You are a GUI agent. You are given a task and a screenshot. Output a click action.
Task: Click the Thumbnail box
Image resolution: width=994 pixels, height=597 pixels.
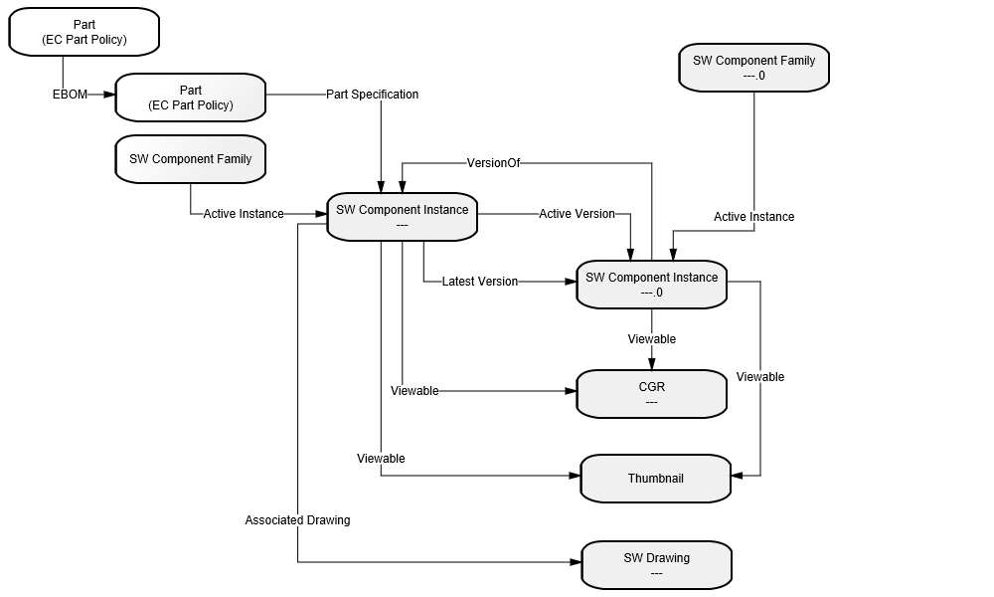coord(655,479)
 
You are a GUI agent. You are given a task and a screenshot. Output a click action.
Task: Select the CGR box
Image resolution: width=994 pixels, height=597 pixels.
coord(651,394)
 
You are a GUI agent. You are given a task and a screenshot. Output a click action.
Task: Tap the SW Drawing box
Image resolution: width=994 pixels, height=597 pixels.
coord(656,565)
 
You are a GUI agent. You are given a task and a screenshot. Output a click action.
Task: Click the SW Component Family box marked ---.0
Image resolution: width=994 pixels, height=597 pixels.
coord(753,68)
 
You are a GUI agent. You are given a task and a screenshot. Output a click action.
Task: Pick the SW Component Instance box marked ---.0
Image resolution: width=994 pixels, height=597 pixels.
coord(651,285)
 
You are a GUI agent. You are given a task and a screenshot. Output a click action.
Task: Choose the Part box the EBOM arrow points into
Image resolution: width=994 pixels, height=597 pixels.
coord(190,98)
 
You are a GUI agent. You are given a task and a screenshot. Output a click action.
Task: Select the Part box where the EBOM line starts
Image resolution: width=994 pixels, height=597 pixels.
coord(83,32)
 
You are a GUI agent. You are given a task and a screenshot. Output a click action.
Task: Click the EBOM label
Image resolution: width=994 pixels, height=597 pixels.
coord(70,95)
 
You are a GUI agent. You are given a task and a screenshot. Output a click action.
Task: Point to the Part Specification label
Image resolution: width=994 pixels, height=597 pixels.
coord(372,95)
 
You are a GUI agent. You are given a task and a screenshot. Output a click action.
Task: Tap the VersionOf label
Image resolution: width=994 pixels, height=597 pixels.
coord(493,163)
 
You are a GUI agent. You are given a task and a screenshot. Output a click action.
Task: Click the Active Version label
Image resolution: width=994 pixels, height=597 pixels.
coord(577,214)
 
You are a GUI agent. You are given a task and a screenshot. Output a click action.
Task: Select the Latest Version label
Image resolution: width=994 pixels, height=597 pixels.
coord(480,281)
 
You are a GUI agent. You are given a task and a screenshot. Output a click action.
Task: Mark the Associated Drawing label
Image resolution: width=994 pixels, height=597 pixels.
coord(297,520)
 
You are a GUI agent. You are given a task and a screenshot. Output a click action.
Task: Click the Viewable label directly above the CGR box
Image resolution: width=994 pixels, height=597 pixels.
coord(652,338)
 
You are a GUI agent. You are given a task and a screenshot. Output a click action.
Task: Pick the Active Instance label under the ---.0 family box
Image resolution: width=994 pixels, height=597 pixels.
coord(753,216)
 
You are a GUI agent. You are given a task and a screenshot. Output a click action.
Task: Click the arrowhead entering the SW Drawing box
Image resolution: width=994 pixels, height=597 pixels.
coord(576,562)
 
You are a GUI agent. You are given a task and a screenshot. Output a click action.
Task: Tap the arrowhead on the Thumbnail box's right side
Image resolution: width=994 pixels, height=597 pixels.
coord(738,476)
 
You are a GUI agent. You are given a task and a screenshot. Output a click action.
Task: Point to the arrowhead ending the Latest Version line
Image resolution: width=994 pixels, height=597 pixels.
coord(571,281)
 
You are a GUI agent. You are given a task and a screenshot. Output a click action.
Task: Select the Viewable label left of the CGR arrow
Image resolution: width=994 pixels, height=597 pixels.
coord(414,391)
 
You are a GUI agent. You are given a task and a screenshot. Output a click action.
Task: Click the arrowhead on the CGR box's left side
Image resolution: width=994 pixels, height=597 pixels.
coord(571,391)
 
